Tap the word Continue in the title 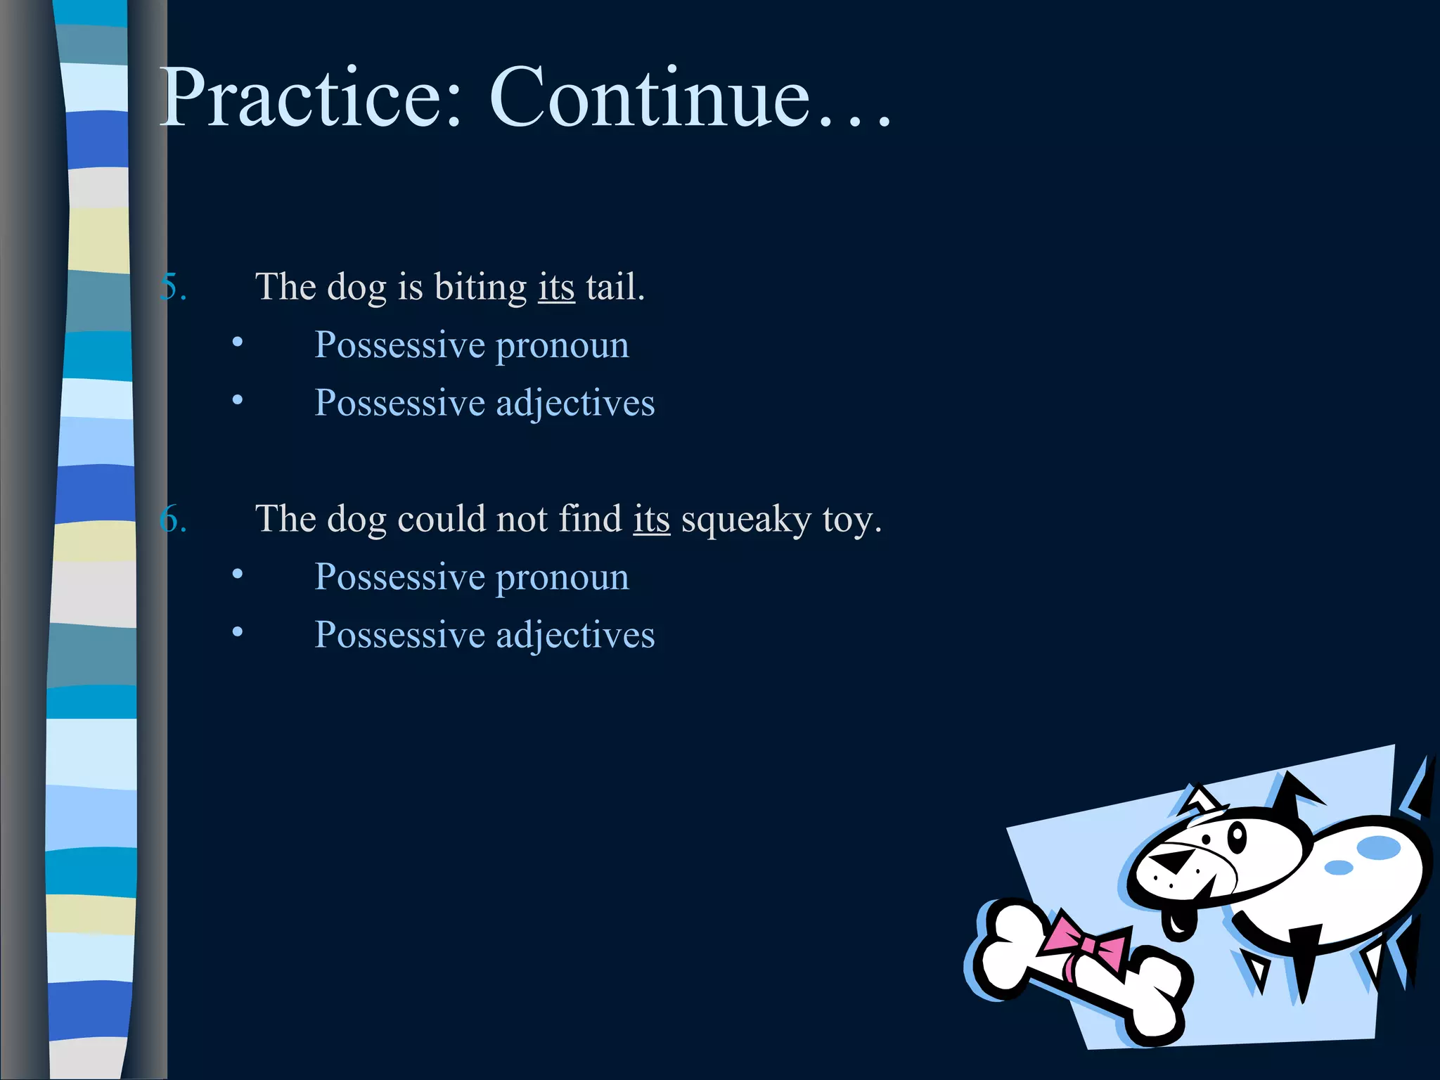[x=650, y=98]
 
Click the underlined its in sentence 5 [x=556, y=288]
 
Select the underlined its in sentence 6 [x=651, y=520]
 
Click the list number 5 [x=173, y=288]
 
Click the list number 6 [x=173, y=520]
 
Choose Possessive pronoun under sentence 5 [x=471, y=346]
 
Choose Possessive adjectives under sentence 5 [x=484, y=404]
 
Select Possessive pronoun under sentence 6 [x=471, y=578]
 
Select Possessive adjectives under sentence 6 [x=484, y=636]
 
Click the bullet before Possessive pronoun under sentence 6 [x=238, y=574]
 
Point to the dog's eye [x=1236, y=837]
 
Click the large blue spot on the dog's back [x=1378, y=847]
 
